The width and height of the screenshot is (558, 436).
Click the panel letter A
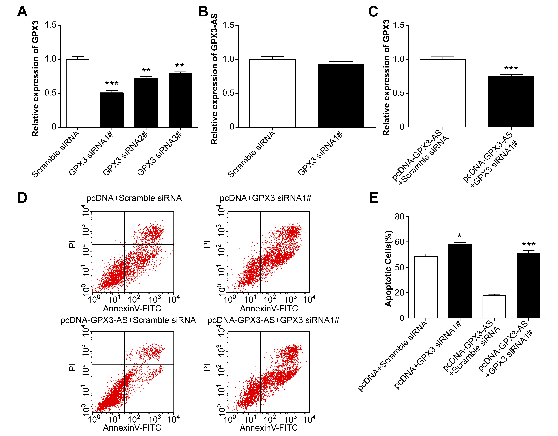pyautogui.click(x=22, y=12)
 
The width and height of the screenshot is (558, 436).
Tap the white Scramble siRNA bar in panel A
pyautogui.click(x=77, y=93)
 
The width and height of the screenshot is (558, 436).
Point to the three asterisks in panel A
pyautogui.click(x=112, y=83)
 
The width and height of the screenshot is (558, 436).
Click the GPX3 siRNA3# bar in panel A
pyautogui.click(x=180, y=100)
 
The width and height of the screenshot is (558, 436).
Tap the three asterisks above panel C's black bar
pyautogui.click(x=511, y=68)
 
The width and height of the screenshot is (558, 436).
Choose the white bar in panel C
pyautogui.click(x=443, y=93)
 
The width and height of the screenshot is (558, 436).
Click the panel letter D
pyautogui.click(x=22, y=198)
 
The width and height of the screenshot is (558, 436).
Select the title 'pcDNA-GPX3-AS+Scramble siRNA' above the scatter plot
pyautogui.click(x=128, y=320)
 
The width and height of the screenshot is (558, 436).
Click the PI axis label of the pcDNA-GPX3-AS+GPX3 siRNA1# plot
pyautogui.click(x=207, y=368)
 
